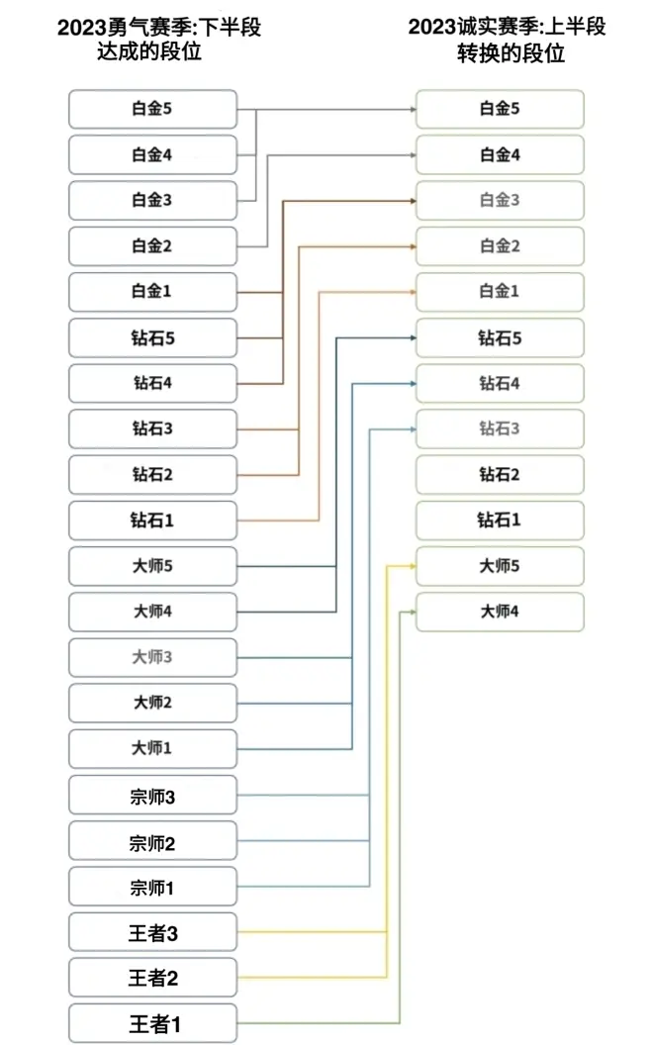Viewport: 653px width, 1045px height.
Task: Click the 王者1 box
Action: point(152,1023)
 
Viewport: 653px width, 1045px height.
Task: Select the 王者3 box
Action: point(152,932)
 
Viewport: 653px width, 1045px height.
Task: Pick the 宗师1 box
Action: point(152,887)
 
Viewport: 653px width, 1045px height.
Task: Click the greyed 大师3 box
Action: point(152,657)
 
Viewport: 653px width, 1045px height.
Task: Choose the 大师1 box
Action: point(152,749)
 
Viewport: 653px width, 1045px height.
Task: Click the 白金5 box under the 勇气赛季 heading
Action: point(152,109)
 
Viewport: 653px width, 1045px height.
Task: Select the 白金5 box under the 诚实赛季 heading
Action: point(500,109)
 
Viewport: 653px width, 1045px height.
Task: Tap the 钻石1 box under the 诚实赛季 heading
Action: point(500,520)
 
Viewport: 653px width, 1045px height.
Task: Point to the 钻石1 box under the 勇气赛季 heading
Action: point(152,520)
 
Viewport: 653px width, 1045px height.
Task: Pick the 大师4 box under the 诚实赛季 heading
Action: point(500,612)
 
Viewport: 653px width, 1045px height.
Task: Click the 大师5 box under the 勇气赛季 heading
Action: point(152,566)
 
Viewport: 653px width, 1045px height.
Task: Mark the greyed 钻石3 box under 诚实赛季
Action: point(500,428)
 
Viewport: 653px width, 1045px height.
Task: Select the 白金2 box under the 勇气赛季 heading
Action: point(152,245)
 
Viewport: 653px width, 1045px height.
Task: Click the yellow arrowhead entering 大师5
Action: point(411,566)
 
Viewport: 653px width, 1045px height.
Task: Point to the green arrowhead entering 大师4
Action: point(411,612)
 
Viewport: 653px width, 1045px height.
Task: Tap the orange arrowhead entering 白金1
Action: point(411,292)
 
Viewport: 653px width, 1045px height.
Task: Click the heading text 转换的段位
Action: point(510,54)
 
